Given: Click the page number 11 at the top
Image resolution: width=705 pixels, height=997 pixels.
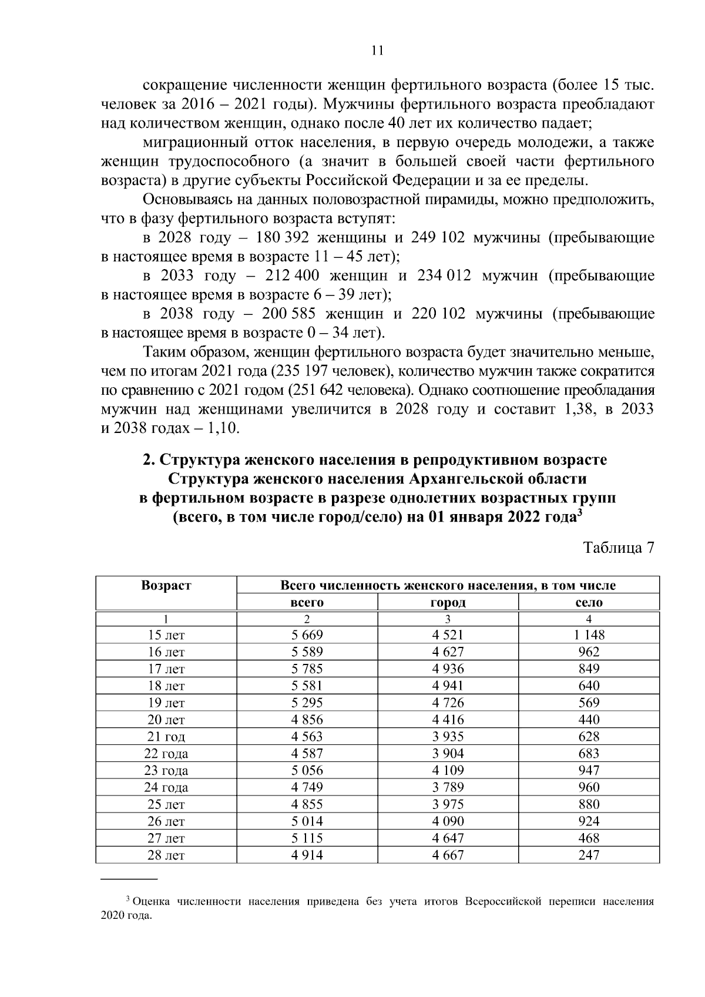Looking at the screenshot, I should pos(378,51).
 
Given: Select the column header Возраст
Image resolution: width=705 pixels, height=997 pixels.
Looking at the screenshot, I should pos(166,585).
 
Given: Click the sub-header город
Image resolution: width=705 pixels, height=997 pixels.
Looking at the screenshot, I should pos(448,602).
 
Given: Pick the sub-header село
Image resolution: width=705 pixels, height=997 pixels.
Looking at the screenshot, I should pos(589,602).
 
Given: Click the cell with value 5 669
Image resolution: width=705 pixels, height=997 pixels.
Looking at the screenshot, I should pos(307,635).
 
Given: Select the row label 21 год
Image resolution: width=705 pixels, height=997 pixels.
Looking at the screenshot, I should pos(166,737).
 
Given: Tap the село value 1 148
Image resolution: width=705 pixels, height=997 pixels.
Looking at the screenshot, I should pos(589,635).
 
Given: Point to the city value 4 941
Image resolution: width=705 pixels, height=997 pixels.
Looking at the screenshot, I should pos(448,686).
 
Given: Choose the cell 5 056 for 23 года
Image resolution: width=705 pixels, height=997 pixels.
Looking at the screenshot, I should pos(307,771).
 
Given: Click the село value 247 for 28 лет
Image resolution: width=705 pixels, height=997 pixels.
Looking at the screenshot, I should pos(589,855).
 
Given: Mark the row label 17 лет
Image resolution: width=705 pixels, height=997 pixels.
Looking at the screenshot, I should pos(166,669).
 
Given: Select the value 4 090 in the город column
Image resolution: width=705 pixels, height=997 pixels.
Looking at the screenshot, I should pos(448,821).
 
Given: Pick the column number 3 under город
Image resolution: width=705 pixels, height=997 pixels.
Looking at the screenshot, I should pos(448,619).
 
